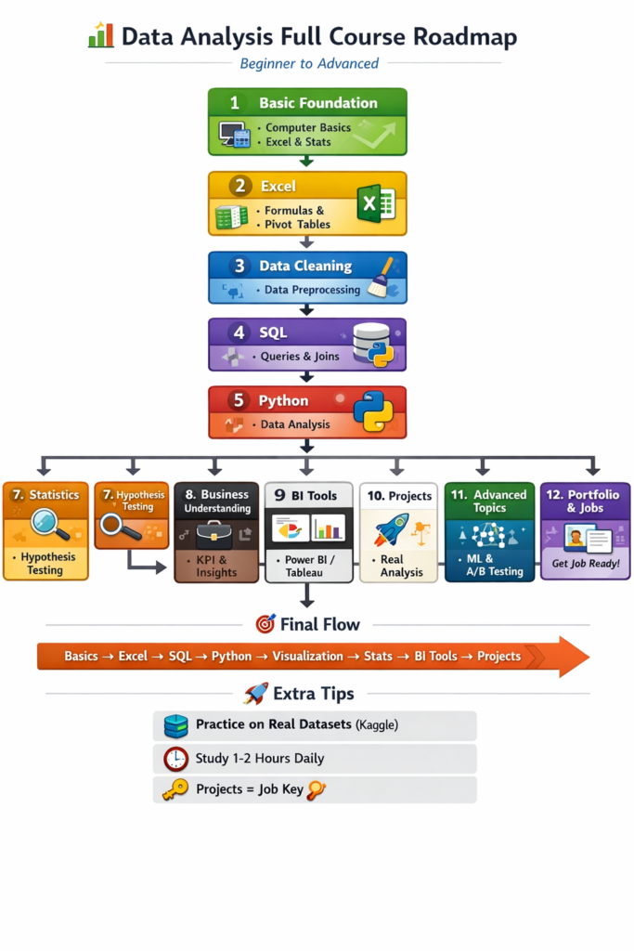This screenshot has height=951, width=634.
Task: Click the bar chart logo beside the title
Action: pos(100,35)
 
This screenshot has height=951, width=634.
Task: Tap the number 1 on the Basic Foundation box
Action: pos(234,103)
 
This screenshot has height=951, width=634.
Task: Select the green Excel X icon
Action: pos(376,202)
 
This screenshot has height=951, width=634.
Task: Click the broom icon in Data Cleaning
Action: pos(382,277)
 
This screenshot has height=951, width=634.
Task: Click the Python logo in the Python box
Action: pos(372,411)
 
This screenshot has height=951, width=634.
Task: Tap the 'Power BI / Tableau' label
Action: pos(308,566)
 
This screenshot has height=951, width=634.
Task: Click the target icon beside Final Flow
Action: pos(265,624)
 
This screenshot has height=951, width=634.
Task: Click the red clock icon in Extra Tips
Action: pos(175,759)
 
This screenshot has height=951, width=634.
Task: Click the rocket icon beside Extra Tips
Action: pos(255,694)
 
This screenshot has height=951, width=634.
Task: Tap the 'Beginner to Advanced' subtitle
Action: pos(309,64)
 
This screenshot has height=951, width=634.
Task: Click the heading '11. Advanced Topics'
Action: pos(489,502)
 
